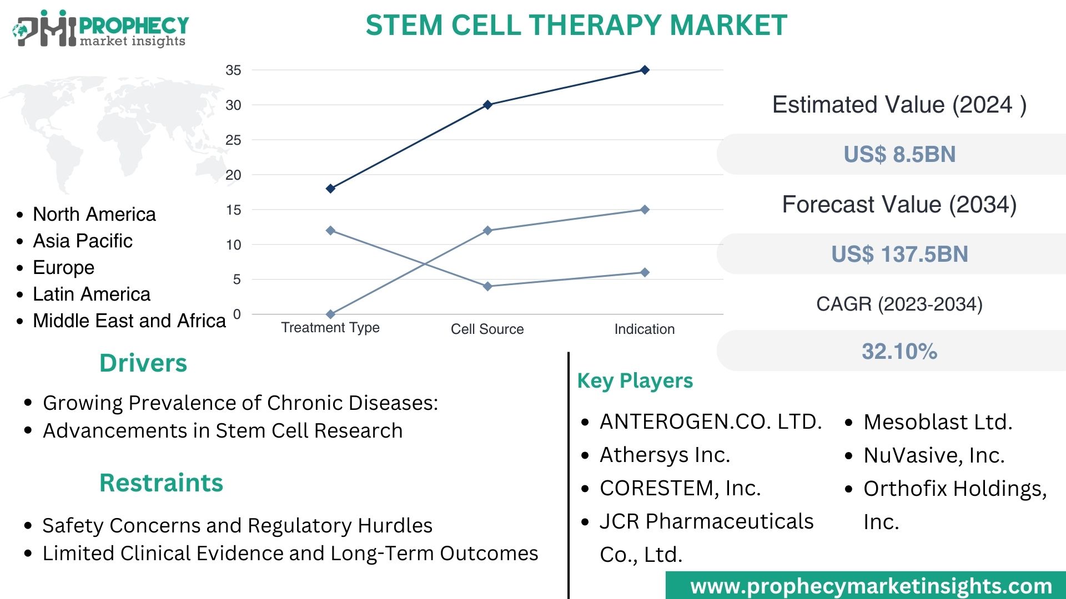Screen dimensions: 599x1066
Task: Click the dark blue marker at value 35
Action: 645,70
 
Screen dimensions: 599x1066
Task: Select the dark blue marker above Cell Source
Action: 487,105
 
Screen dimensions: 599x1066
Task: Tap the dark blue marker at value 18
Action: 330,189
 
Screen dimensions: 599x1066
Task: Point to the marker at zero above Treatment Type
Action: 330,314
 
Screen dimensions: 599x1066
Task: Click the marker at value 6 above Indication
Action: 645,272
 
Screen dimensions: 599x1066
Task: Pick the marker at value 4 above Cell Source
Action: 487,286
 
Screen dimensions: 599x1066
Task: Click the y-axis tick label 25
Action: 233,140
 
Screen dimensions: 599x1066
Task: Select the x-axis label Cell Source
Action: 487,329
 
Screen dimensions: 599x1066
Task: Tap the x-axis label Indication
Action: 644,329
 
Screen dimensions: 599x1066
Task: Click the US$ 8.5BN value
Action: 899,154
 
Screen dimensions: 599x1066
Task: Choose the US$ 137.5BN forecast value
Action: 899,254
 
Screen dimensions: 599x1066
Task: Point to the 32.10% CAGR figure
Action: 899,351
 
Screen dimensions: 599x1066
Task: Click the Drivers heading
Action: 143,363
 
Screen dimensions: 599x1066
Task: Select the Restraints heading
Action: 161,483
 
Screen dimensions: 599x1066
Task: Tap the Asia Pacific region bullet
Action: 83,241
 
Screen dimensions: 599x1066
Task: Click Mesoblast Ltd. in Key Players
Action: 938,422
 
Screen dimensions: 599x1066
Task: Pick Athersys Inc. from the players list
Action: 665,455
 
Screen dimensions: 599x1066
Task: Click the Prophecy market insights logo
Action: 100,29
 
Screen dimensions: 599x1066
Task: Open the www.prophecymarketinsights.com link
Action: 871,586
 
